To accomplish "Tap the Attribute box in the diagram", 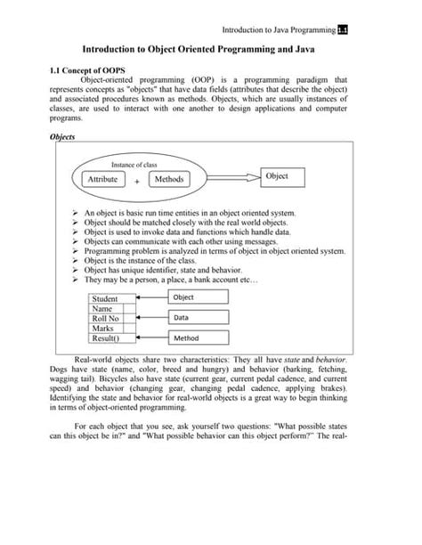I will [106, 180].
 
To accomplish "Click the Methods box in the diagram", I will [169, 180].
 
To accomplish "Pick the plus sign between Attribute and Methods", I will [137, 181].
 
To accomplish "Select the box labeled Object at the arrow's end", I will [289, 177].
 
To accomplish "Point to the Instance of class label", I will [135, 165].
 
